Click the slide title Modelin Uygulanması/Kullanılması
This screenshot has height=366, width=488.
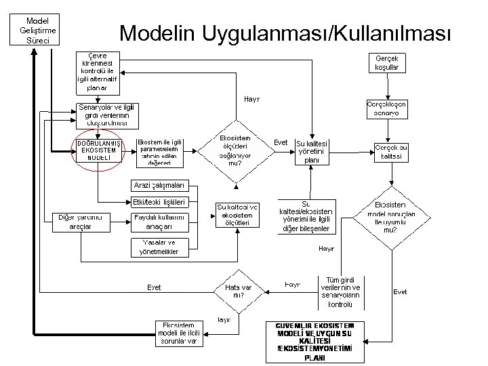[x=283, y=33]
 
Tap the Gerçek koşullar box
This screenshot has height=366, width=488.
[x=386, y=63]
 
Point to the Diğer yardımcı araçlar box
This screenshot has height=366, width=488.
[x=79, y=222]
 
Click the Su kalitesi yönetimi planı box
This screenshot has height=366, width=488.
[x=312, y=152]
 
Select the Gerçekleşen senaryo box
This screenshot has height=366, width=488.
[x=386, y=108]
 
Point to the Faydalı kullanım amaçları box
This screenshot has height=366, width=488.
[x=159, y=222]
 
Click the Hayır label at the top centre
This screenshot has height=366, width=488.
[x=251, y=99]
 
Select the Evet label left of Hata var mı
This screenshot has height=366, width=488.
[x=155, y=287]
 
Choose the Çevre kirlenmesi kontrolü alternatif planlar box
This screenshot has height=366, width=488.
[x=98, y=72]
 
